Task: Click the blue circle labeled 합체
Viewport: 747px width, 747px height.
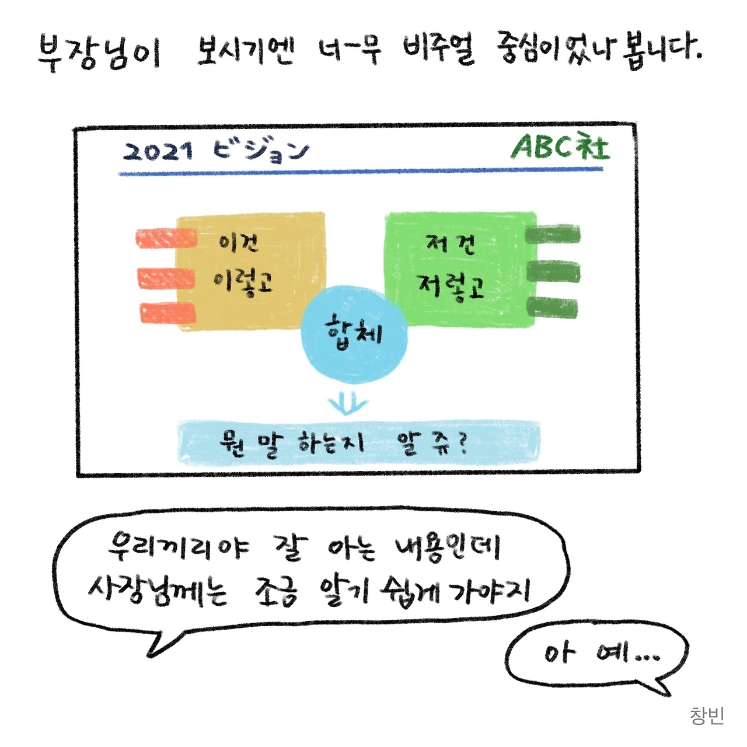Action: tap(354, 334)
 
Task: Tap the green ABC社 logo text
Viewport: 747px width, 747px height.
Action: tap(560, 147)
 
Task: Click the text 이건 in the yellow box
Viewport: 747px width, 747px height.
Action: tap(238, 242)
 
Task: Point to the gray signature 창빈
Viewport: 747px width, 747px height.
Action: tap(707, 715)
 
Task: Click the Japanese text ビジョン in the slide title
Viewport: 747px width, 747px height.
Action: tap(260, 151)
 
